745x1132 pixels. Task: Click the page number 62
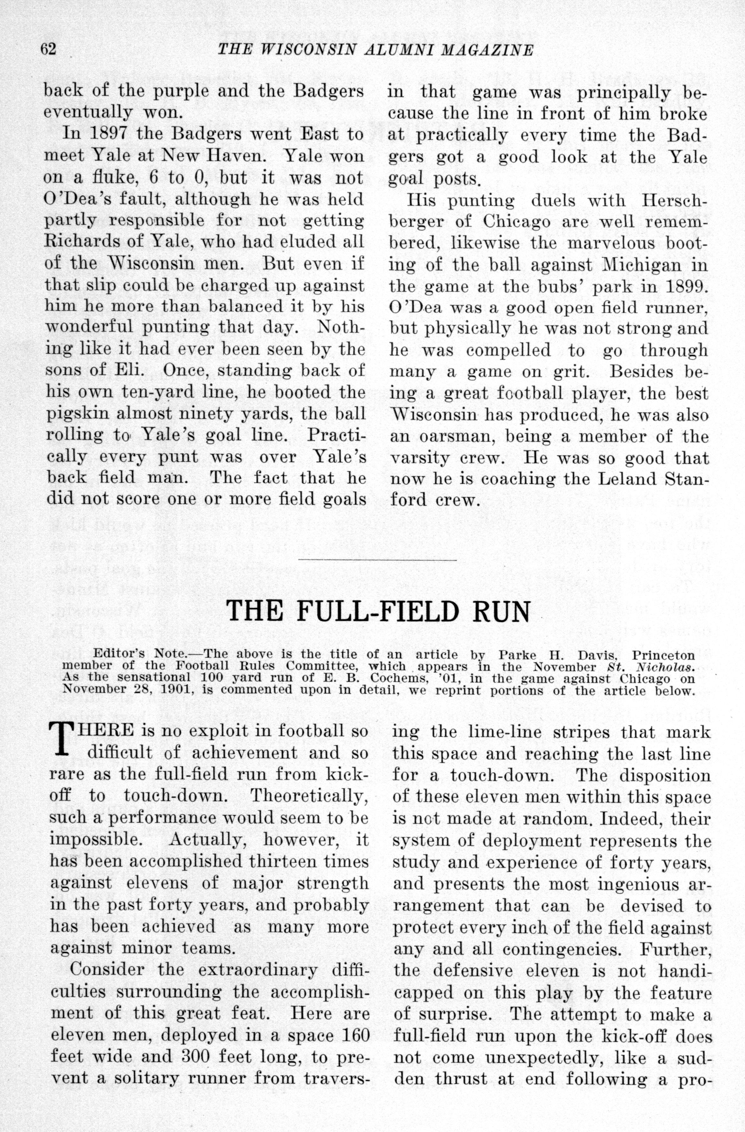[48, 49]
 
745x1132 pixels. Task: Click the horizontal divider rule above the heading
[377, 560]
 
